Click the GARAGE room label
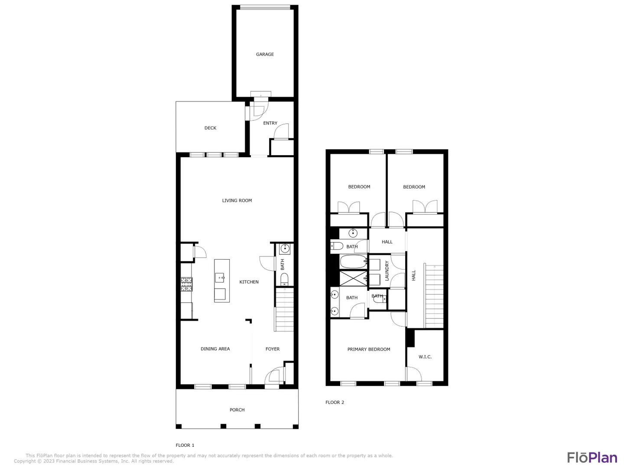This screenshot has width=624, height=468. tap(265, 54)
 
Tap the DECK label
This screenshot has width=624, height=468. tap(210, 128)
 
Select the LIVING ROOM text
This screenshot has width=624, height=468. tap(237, 200)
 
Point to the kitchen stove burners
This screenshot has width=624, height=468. tap(186, 284)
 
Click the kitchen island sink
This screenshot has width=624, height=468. tap(219, 277)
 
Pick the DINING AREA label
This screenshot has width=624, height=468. tap(215, 349)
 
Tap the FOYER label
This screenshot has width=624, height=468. tap(272, 349)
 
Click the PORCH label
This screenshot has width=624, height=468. tap(237, 409)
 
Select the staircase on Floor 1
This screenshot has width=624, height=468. tap(284, 309)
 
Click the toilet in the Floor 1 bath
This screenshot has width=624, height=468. tap(284, 279)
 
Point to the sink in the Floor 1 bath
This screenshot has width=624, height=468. tap(285, 249)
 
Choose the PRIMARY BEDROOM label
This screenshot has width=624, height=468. tap(368, 349)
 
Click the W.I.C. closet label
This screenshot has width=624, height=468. tap(425, 357)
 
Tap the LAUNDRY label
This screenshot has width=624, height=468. tap(387, 271)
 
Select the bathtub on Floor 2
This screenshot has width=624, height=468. tap(353, 262)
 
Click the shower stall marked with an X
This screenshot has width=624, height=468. tap(353, 279)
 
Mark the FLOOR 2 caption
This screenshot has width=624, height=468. tap(335, 402)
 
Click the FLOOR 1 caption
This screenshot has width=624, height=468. tap(185, 445)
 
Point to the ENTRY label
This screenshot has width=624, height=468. tap(270, 123)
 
